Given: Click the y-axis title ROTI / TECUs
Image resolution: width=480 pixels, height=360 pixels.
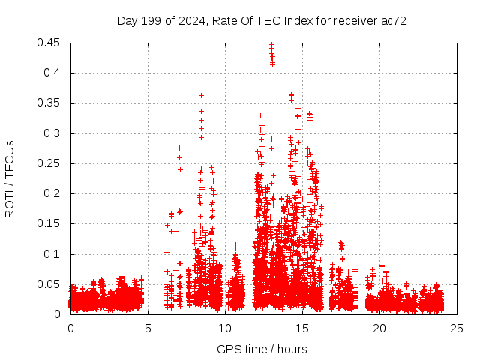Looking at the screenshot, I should click(10, 178).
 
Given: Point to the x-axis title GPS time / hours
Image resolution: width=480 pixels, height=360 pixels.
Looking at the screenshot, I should click(262, 349).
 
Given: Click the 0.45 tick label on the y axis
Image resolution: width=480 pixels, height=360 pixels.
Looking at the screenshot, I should click(50, 43).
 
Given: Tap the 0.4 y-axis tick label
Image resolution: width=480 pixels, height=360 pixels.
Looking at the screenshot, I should click(53, 73).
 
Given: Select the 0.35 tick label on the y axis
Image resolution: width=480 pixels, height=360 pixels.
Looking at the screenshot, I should click(50, 103).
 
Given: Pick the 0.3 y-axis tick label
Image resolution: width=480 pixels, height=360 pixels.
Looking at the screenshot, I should click(53, 133).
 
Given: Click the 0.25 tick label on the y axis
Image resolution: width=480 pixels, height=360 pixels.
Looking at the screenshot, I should click(50, 163).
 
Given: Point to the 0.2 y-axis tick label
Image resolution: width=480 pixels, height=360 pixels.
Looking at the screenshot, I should click(53, 193).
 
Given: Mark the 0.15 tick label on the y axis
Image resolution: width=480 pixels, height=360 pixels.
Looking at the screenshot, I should click(50, 223).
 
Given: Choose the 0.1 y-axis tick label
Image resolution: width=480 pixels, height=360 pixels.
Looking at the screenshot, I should click(53, 254).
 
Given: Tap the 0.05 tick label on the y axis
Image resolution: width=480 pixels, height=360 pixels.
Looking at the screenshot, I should click(50, 284).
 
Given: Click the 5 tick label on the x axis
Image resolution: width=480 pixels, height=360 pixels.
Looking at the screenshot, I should click(148, 328).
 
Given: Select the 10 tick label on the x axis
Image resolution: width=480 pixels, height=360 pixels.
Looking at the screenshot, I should click(225, 328).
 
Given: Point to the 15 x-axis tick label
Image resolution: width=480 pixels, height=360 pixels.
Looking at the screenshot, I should click(302, 328).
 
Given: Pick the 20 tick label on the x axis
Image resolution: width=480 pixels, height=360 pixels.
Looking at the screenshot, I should click(379, 328).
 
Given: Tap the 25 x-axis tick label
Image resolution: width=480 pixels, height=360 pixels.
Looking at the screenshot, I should click(457, 328).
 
